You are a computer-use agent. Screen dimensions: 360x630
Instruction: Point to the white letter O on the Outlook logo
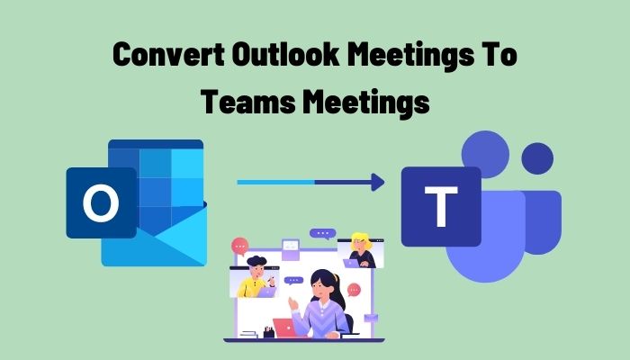100,204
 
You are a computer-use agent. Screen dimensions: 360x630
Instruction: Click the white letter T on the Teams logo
440,205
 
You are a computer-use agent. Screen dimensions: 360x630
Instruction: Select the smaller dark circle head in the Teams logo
537,159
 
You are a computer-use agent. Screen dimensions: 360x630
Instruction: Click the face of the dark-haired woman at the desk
321,290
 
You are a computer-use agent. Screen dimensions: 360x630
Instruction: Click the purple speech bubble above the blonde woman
322,233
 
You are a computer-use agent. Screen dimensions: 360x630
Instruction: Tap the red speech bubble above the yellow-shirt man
239,245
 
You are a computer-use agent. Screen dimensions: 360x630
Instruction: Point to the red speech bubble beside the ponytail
354,290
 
